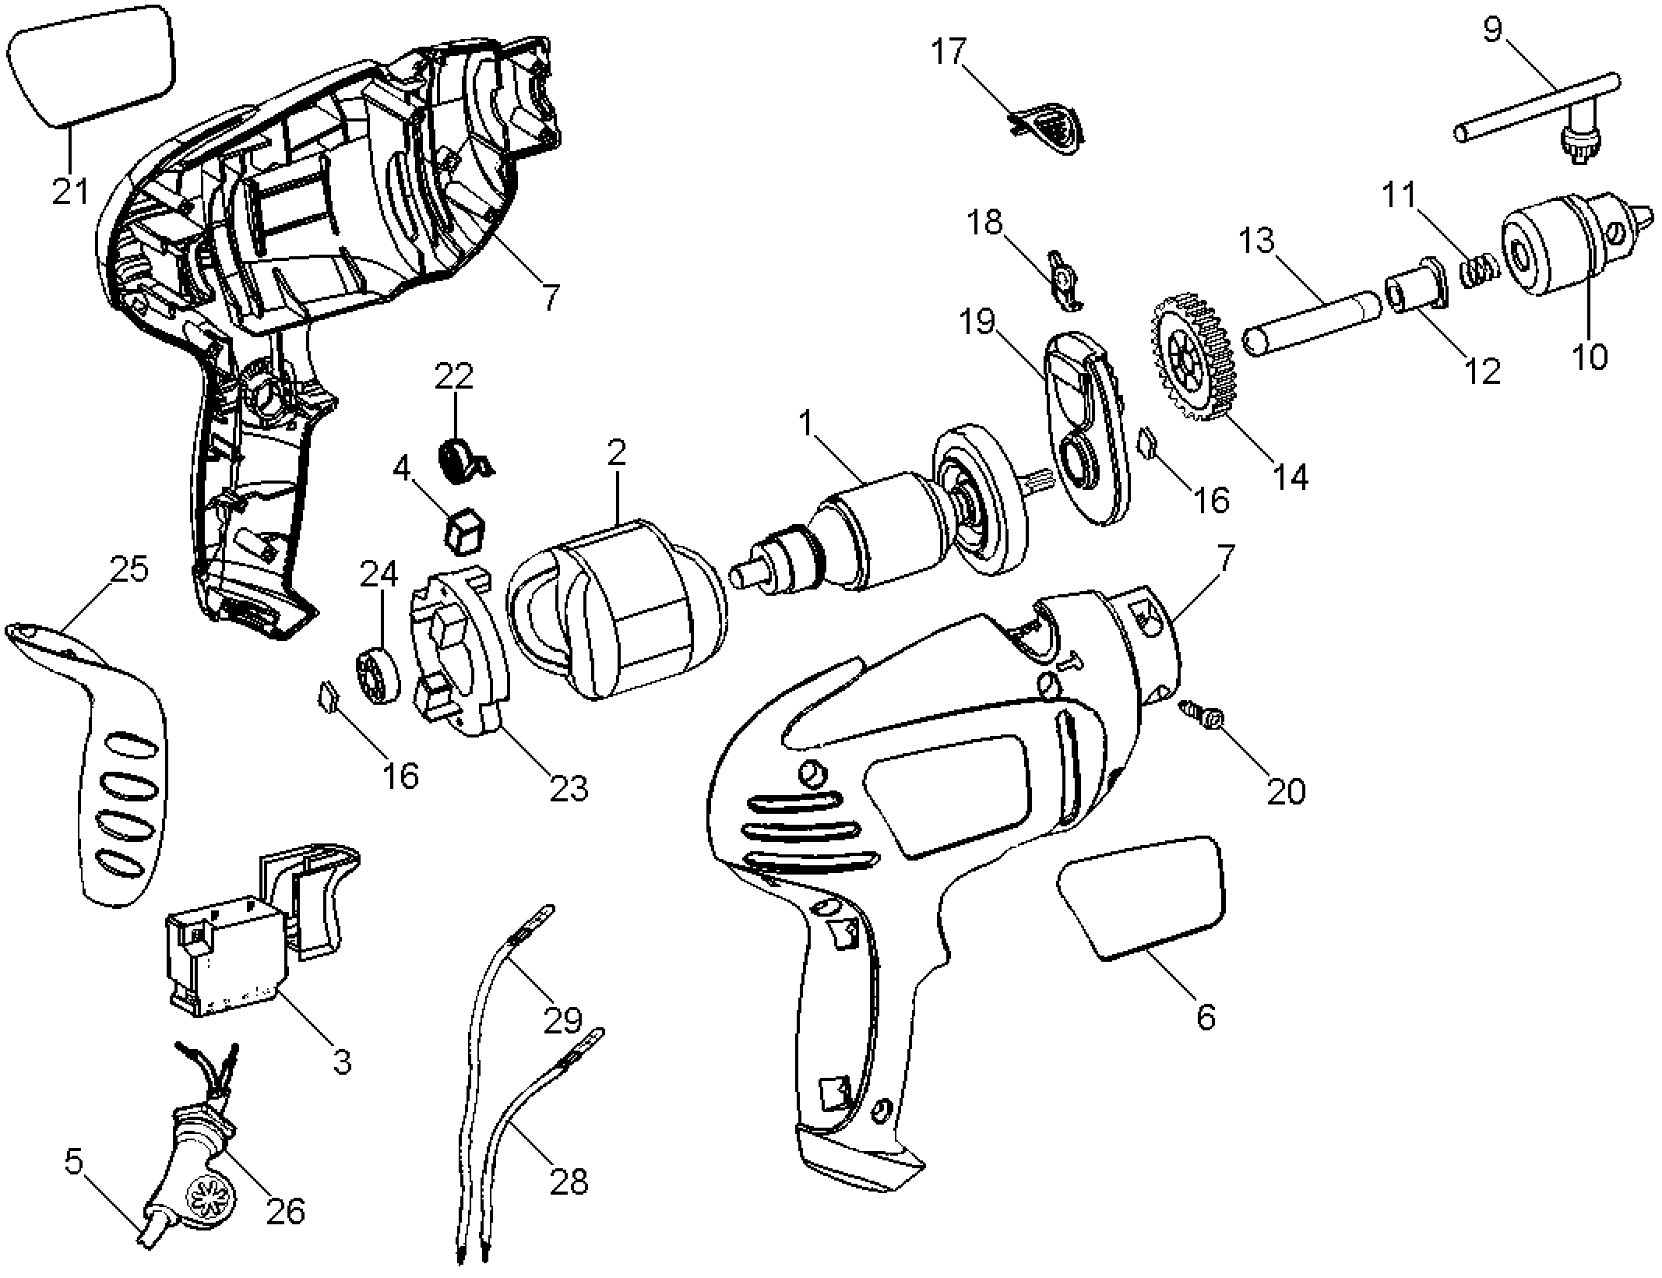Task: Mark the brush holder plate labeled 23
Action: (460, 651)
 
